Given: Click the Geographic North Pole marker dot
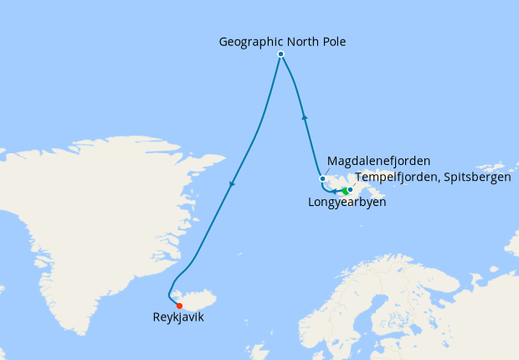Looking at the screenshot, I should (281, 54).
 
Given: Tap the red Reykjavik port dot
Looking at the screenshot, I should (179, 306).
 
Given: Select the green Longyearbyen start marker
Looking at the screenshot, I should (346, 192).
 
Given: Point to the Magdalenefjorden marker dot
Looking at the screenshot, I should (322, 178).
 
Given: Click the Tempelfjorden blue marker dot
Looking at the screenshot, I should (351, 189).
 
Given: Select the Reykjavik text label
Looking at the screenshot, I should (178, 318).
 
